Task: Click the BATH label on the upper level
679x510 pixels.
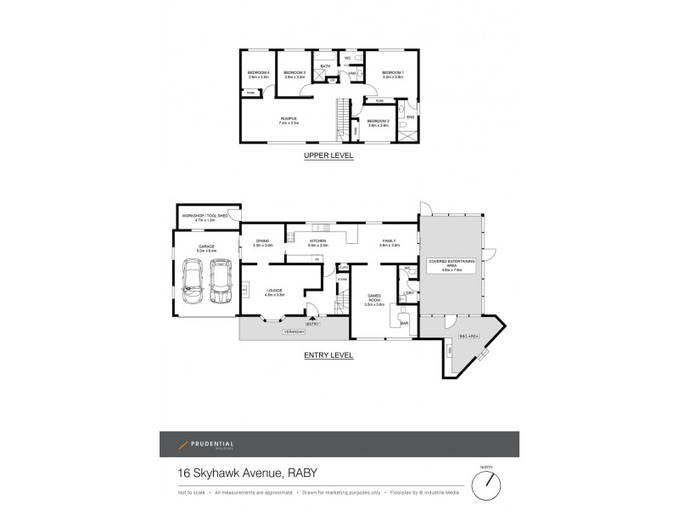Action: pyautogui.click(x=325, y=65)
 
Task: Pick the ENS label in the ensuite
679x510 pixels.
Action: pyautogui.click(x=410, y=117)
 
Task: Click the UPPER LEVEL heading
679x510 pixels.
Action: pyautogui.click(x=328, y=156)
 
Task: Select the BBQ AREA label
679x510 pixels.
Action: pyautogui.click(x=469, y=337)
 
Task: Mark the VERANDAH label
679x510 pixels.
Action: pyautogui.click(x=294, y=332)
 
